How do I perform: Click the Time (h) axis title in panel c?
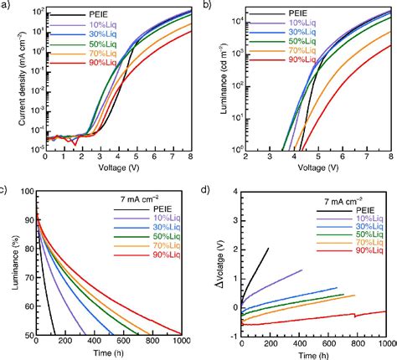[114, 352]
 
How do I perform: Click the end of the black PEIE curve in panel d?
[268, 248]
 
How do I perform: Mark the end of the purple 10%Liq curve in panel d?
[302, 270]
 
